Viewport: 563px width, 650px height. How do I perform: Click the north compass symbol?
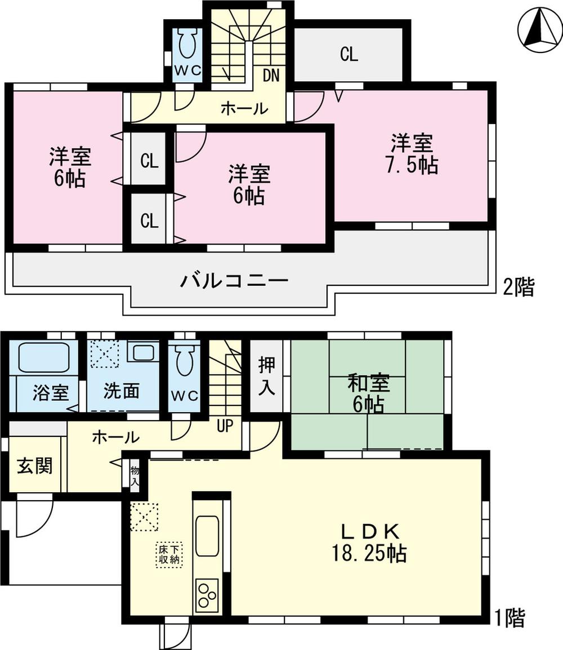pyautogui.click(x=539, y=30)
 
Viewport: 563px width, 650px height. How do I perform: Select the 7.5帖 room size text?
pyautogui.click(x=413, y=166)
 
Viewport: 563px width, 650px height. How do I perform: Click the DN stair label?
pyautogui.click(x=271, y=75)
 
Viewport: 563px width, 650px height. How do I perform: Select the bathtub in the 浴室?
pyautogui.click(x=44, y=357)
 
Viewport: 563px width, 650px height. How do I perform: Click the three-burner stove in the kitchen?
pyautogui.click(x=207, y=595)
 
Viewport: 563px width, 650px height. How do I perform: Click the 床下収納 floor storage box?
pyautogui.click(x=169, y=554)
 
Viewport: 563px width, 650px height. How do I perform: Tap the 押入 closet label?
pyautogui.click(x=267, y=377)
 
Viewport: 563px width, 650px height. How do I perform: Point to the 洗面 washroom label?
pyautogui.click(x=121, y=391)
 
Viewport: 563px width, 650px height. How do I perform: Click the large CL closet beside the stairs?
pyautogui.click(x=348, y=55)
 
